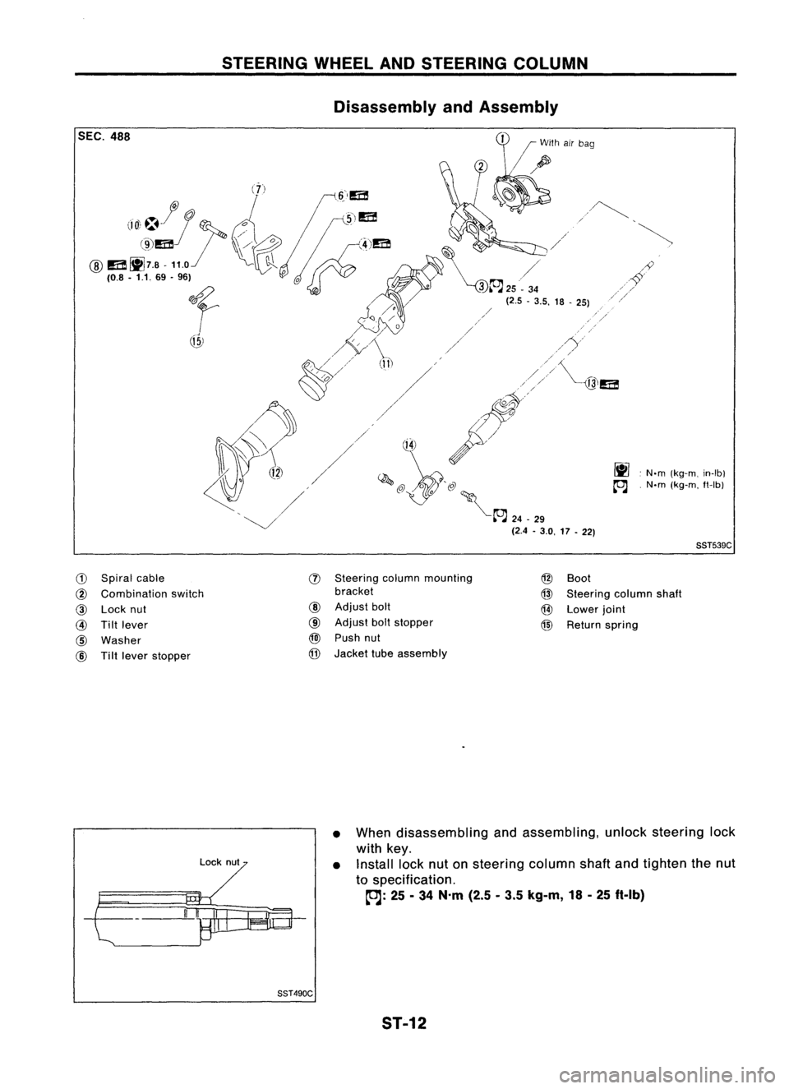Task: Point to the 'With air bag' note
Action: [x=567, y=143]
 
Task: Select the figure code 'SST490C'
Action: [x=294, y=993]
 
